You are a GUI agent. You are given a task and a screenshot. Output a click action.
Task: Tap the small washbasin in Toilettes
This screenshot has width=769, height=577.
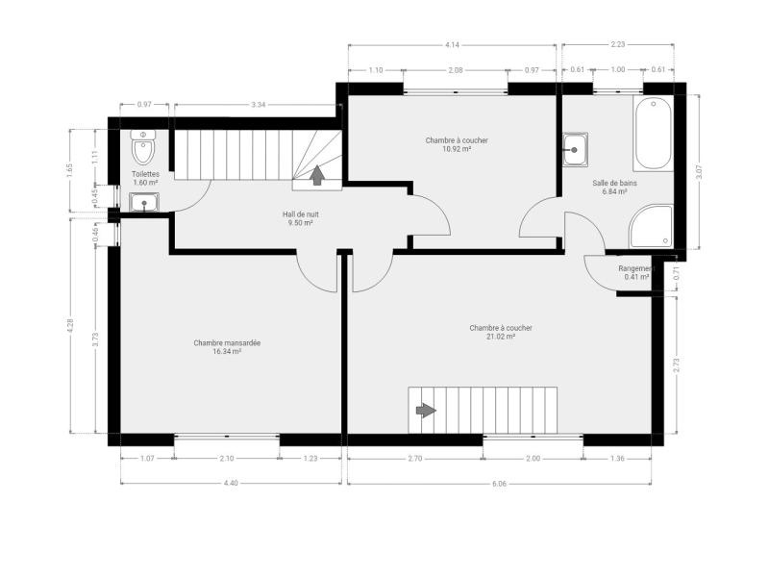click(143, 202)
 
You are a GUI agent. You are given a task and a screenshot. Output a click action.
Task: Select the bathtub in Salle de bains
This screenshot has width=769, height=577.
click(654, 133)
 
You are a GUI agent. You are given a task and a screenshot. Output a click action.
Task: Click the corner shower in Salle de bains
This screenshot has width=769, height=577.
click(652, 226)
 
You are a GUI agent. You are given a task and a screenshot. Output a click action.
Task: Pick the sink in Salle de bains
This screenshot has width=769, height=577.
click(575, 150)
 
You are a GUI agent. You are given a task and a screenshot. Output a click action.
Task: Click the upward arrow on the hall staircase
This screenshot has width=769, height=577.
click(317, 175)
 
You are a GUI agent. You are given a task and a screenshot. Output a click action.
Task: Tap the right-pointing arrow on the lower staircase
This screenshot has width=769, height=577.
click(426, 410)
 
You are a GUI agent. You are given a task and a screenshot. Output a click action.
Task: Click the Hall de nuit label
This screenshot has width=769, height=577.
click(301, 214)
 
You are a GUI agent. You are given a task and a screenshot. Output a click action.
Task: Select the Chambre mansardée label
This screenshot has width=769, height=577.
click(227, 343)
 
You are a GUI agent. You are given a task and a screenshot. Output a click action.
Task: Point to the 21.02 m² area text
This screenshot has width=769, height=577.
click(501, 337)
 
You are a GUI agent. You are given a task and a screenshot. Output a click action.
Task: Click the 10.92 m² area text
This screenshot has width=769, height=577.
click(457, 149)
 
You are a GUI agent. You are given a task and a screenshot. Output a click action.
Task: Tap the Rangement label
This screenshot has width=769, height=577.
click(636, 269)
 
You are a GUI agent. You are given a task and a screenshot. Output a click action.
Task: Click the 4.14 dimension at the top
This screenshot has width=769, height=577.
click(452, 44)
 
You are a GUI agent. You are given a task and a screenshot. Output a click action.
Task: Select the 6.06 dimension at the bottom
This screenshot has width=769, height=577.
click(499, 484)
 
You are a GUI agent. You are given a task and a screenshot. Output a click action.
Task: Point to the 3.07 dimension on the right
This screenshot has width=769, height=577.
click(700, 172)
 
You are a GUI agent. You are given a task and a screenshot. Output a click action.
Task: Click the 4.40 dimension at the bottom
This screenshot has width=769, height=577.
click(231, 483)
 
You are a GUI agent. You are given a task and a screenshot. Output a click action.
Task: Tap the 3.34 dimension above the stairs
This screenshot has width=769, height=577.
click(258, 105)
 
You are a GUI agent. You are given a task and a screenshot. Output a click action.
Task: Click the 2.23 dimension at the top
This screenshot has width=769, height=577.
click(618, 44)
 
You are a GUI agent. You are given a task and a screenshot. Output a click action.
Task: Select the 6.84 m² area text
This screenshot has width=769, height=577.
click(615, 191)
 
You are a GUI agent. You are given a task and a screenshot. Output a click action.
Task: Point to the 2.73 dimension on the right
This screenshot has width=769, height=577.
click(677, 365)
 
